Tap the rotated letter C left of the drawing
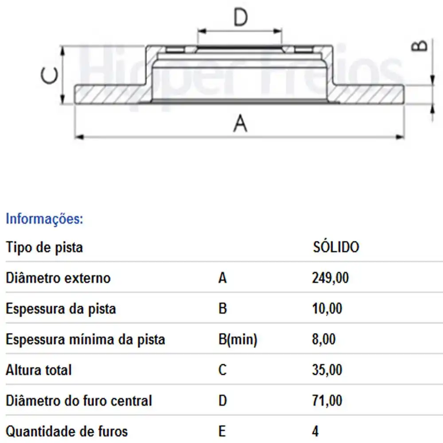49,76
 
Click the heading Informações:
44,219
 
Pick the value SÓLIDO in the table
336,247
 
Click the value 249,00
330,278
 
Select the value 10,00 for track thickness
327,309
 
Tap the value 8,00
324,339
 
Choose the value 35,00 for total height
327,370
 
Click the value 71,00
327,400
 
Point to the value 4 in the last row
315,431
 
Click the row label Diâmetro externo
58,278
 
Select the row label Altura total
39,370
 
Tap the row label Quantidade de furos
67,431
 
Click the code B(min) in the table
238,339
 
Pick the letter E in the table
222,431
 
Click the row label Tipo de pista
44,247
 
